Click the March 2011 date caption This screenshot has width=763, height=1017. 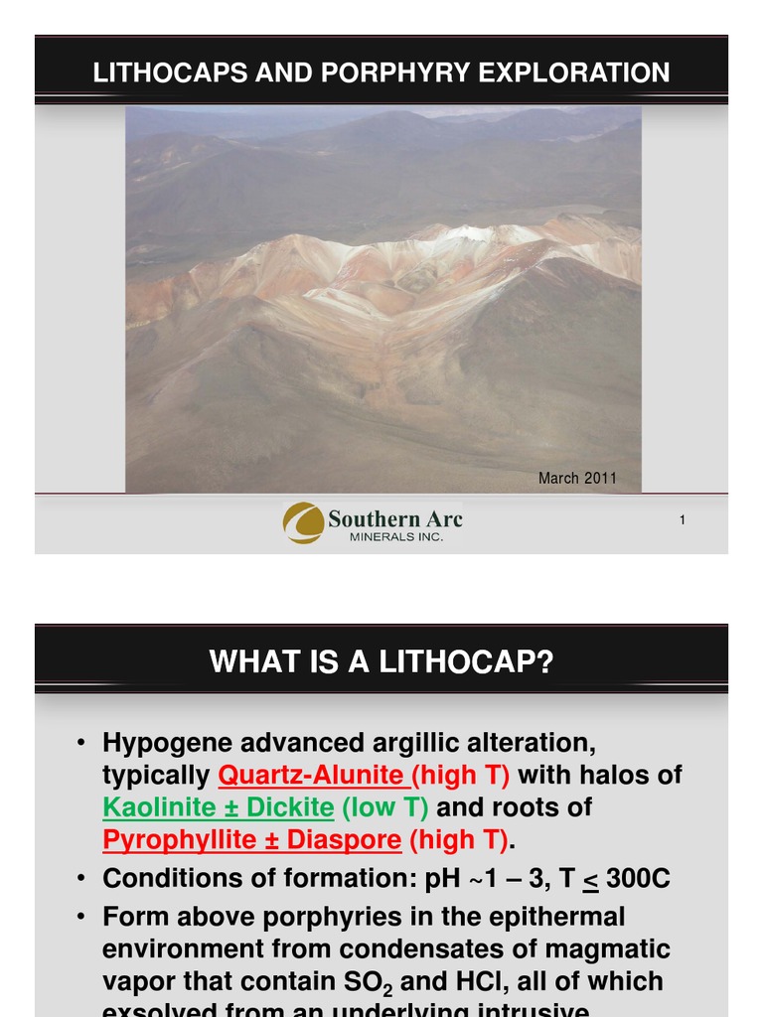[x=577, y=479]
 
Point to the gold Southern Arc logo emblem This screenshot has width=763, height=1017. [x=303, y=522]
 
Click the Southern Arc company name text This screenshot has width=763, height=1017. [x=395, y=518]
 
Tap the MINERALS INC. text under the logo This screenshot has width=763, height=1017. [x=395, y=537]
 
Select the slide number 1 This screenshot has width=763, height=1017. [x=683, y=520]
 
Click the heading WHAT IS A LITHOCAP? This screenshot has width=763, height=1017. [x=381, y=661]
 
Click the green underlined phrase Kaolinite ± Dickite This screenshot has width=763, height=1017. [x=219, y=807]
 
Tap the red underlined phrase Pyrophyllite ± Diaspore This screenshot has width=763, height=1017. [x=252, y=841]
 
